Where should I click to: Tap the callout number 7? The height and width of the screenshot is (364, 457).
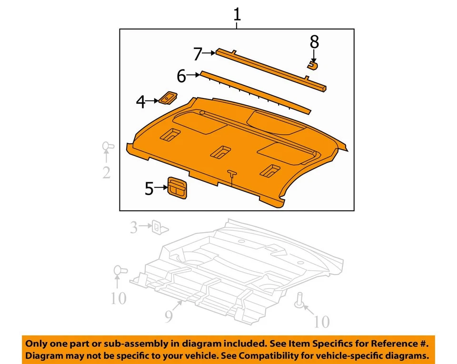pyautogui.click(x=198, y=54)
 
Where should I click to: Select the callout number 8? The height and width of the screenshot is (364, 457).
pyautogui.click(x=314, y=42)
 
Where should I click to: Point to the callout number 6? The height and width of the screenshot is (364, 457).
pyautogui.click(x=181, y=76)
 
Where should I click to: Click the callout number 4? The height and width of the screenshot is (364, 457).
pyautogui.click(x=140, y=101)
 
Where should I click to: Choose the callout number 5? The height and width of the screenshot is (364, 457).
pyautogui.click(x=149, y=189)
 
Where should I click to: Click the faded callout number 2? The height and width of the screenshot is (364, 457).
pyautogui.click(x=106, y=172)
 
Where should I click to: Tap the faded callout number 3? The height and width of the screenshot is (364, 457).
pyautogui.click(x=134, y=228)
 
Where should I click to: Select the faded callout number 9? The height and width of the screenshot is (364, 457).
pyautogui.click(x=169, y=316)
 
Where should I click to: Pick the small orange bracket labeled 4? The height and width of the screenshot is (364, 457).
pyautogui.click(x=167, y=98)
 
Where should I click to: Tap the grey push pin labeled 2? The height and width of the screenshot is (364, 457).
pyautogui.click(x=107, y=147)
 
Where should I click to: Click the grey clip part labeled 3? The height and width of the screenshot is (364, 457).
pyautogui.click(x=158, y=227)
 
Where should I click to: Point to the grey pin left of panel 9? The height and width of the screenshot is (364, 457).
pyautogui.click(x=119, y=272)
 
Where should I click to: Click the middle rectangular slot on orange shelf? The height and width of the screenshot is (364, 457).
pyautogui.click(x=220, y=152)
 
